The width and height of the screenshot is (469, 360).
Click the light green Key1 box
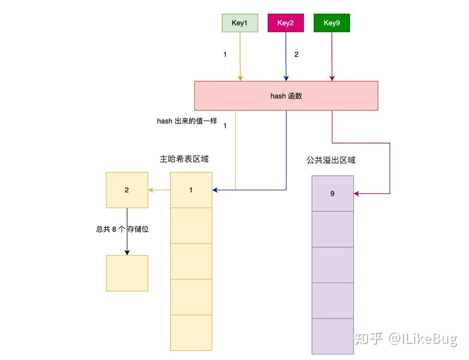coord(240,23)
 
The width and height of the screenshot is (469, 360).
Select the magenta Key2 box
coord(285,23)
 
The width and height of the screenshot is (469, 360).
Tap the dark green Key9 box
coord(332,23)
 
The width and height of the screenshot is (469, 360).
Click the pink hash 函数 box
coord(286,96)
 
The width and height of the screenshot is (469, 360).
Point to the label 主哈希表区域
coord(184,159)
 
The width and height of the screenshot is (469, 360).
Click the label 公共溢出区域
coord(331,160)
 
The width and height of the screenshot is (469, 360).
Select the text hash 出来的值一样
coord(187,121)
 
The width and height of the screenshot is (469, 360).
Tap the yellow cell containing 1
coord(191,190)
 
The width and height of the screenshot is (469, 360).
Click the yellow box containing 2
coord(127,190)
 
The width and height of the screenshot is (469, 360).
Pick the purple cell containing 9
coord(333,193)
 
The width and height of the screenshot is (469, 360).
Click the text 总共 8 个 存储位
coord(122,229)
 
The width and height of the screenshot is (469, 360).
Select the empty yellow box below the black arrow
coord(127,273)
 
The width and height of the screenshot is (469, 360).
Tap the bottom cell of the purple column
coord(333,336)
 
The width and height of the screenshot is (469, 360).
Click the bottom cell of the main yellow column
coord(191,333)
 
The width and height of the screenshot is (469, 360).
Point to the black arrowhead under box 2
coord(127,252)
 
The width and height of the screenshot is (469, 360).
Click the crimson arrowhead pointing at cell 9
coord(356,193)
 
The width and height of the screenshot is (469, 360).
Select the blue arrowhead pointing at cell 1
coord(215,190)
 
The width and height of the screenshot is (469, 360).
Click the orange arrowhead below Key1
coord(240,78)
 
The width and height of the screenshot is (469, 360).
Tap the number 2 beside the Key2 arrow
coord(296,54)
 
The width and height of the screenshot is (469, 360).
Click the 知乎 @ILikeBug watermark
coord(406,339)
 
